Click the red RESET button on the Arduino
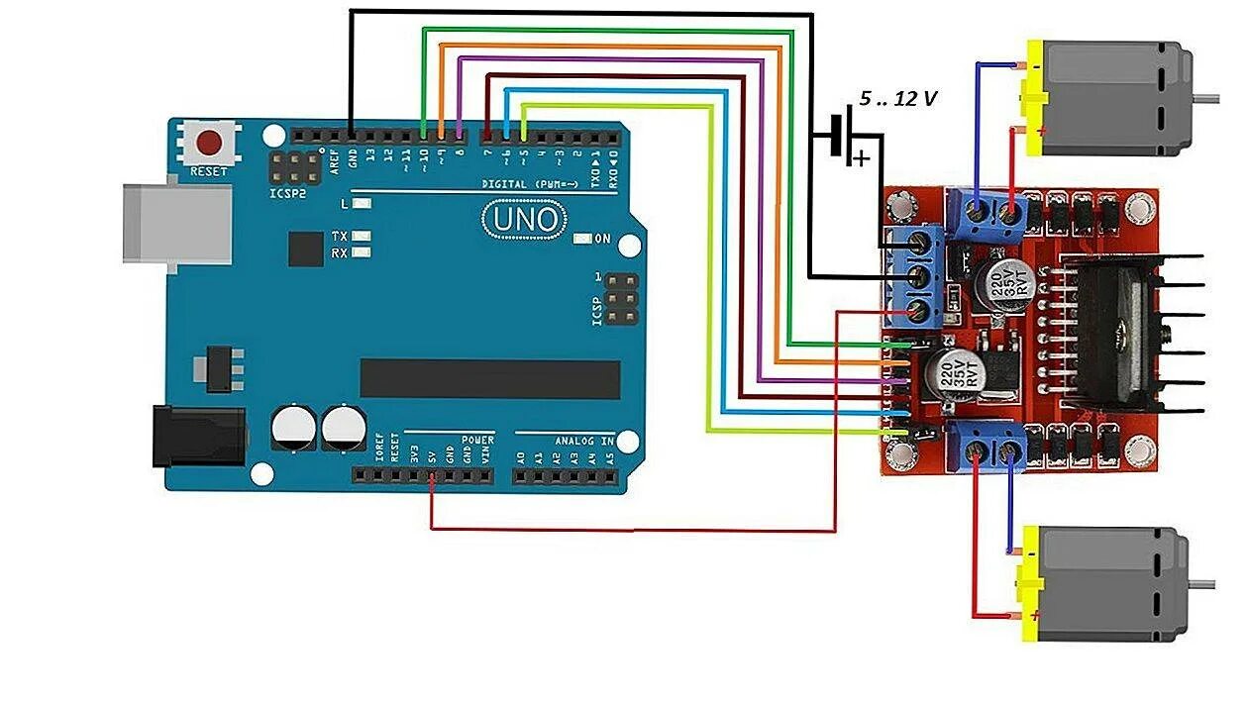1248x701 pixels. click(210, 143)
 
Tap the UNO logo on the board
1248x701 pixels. click(525, 220)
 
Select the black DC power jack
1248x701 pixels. click(197, 437)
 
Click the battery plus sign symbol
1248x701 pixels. click(864, 157)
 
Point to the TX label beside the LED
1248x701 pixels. click(340, 237)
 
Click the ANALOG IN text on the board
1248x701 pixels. click(579, 440)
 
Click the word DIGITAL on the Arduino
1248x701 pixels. click(505, 184)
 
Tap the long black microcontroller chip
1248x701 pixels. click(489, 379)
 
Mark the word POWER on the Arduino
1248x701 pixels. click(477, 440)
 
